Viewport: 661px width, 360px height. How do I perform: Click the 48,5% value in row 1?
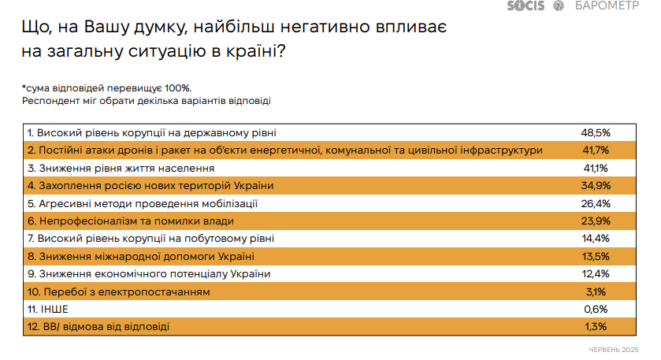(x=596, y=133)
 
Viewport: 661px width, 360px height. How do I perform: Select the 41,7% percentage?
(x=596, y=150)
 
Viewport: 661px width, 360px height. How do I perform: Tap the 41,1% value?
(x=596, y=169)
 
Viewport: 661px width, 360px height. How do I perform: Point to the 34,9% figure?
(x=596, y=185)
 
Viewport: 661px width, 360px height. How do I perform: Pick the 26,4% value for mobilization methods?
(x=596, y=203)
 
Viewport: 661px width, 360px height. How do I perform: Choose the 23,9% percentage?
(x=596, y=221)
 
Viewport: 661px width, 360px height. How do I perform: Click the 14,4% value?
(x=596, y=239)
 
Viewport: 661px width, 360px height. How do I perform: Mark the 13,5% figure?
(x=596, y=256)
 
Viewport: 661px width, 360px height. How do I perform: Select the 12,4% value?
(x=596, y=274)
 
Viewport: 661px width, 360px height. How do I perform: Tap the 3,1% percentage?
(x=596, y=291)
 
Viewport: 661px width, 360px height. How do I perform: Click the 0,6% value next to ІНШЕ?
(x=596, y=310)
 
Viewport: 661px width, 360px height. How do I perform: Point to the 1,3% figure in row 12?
(x=596, y=327)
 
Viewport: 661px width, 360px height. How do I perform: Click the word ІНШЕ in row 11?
(x=54, y=310)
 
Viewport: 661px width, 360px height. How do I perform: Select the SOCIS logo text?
(x=525, y=6)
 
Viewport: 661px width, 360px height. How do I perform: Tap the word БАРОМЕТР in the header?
(x=607, y=6)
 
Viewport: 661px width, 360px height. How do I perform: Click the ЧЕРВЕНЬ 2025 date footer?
(x=614, y=350)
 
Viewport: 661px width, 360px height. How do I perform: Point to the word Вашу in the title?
(x=106, y=27)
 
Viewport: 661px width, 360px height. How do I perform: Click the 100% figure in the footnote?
(x=178, y=88)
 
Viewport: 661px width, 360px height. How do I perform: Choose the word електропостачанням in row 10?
(x=160, y=292)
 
